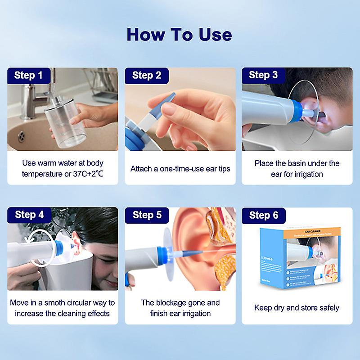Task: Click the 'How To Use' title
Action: coord(179,35)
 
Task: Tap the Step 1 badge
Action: coord(28,76)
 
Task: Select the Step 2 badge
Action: coord(147,76)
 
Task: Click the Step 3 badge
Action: coord(263,76)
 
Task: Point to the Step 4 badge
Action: coord(29,215)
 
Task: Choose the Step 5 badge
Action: coord(147,215)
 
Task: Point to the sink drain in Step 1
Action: coord(21,136)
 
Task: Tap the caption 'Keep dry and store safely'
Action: coord(297,308)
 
